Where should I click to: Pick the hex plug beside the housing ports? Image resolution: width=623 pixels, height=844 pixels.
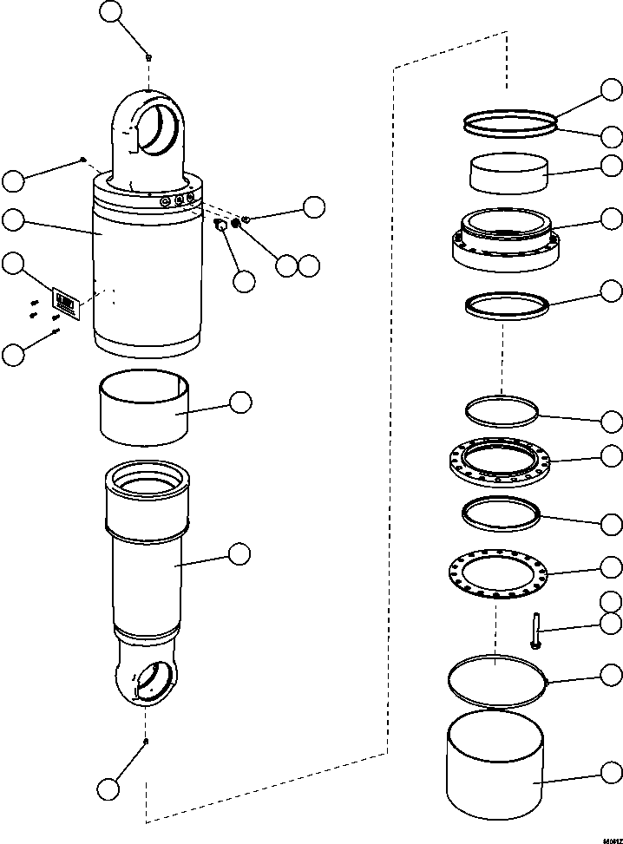pos(220,226)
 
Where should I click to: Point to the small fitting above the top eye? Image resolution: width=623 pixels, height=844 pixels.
pos(149,57)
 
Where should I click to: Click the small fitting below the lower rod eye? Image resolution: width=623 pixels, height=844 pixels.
pos(147,741)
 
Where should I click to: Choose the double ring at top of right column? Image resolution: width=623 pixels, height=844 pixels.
pos(508,122)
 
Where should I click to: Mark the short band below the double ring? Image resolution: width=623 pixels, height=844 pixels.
pos(509,173)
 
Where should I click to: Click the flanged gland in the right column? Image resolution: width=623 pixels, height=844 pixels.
pos(506,239)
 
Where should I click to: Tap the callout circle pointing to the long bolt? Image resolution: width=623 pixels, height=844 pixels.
pos(613,622)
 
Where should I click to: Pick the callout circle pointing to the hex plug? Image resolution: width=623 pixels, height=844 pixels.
pos(245,280)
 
